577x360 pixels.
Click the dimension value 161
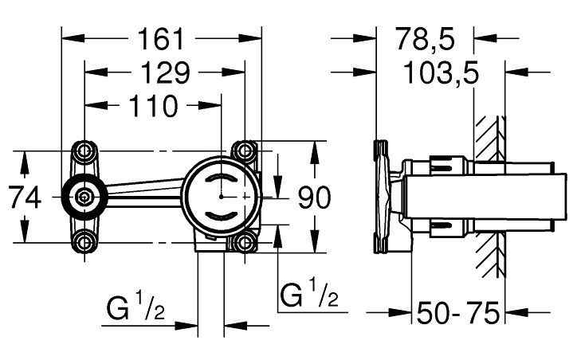point(162,37)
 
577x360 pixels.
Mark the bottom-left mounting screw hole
point(84,241)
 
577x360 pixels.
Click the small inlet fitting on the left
point(84,196)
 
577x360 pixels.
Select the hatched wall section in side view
point(489,195)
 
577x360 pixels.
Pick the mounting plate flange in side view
point(380,195)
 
